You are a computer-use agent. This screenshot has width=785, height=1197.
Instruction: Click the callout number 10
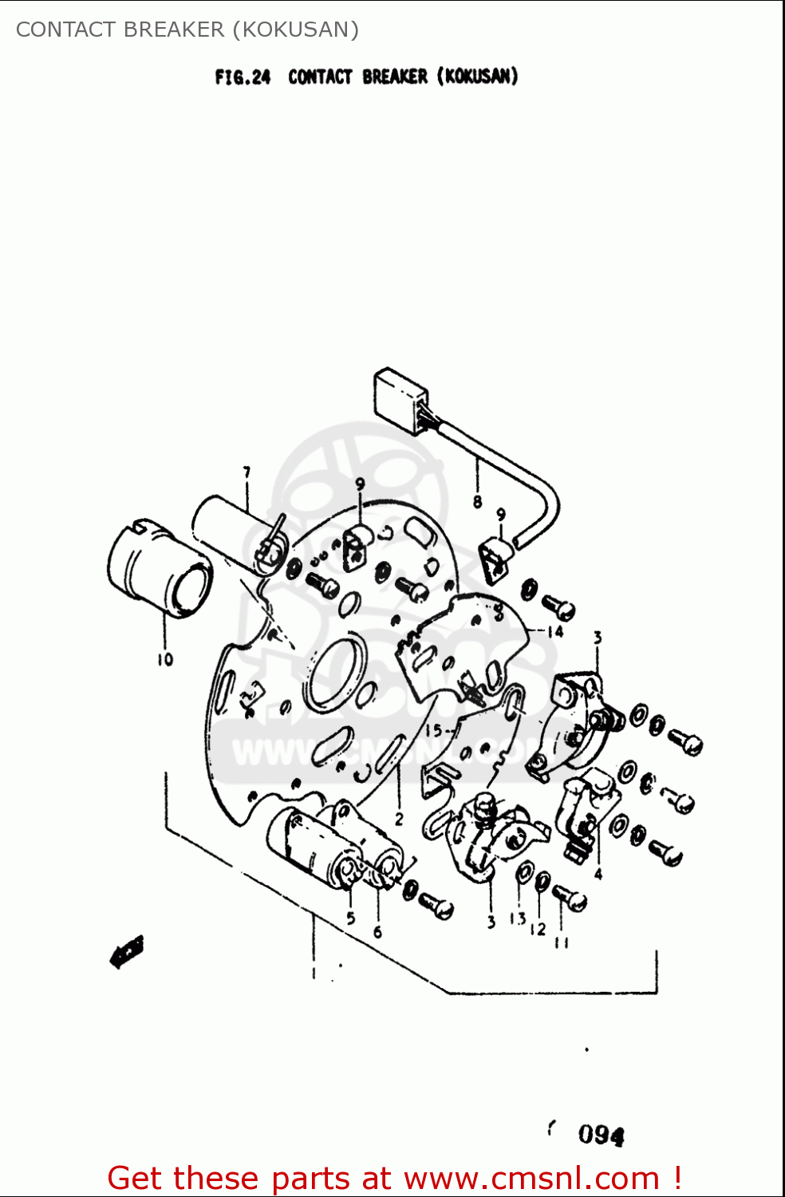coord(164,659)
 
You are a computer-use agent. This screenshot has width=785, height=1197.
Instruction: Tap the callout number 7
coord(247,472)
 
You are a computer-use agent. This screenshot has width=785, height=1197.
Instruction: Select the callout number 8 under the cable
coord(477,502)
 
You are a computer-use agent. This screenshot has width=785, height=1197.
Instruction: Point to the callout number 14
coord(555,631)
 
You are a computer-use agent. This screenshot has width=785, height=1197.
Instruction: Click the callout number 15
coord(433,730)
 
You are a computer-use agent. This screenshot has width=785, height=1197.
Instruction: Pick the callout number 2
coord(399,819)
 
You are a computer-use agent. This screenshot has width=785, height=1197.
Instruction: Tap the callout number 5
coord(350,918)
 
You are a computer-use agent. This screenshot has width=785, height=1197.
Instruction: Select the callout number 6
coord(377,931)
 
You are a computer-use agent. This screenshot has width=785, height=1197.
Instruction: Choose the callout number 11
coord(562,943)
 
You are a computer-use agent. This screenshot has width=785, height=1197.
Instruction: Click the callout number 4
coord(598,874)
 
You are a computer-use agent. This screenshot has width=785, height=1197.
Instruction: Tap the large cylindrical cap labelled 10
coord(160,571)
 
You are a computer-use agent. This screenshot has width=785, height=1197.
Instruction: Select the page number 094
coord(601,1134)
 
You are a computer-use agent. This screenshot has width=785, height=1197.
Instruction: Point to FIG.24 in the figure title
coord(243,77)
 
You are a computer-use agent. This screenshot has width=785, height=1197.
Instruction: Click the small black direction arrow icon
coord(126,951)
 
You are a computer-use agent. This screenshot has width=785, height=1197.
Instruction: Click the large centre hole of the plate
coord(335,674)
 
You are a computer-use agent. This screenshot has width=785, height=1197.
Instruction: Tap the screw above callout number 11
coord(570,898)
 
